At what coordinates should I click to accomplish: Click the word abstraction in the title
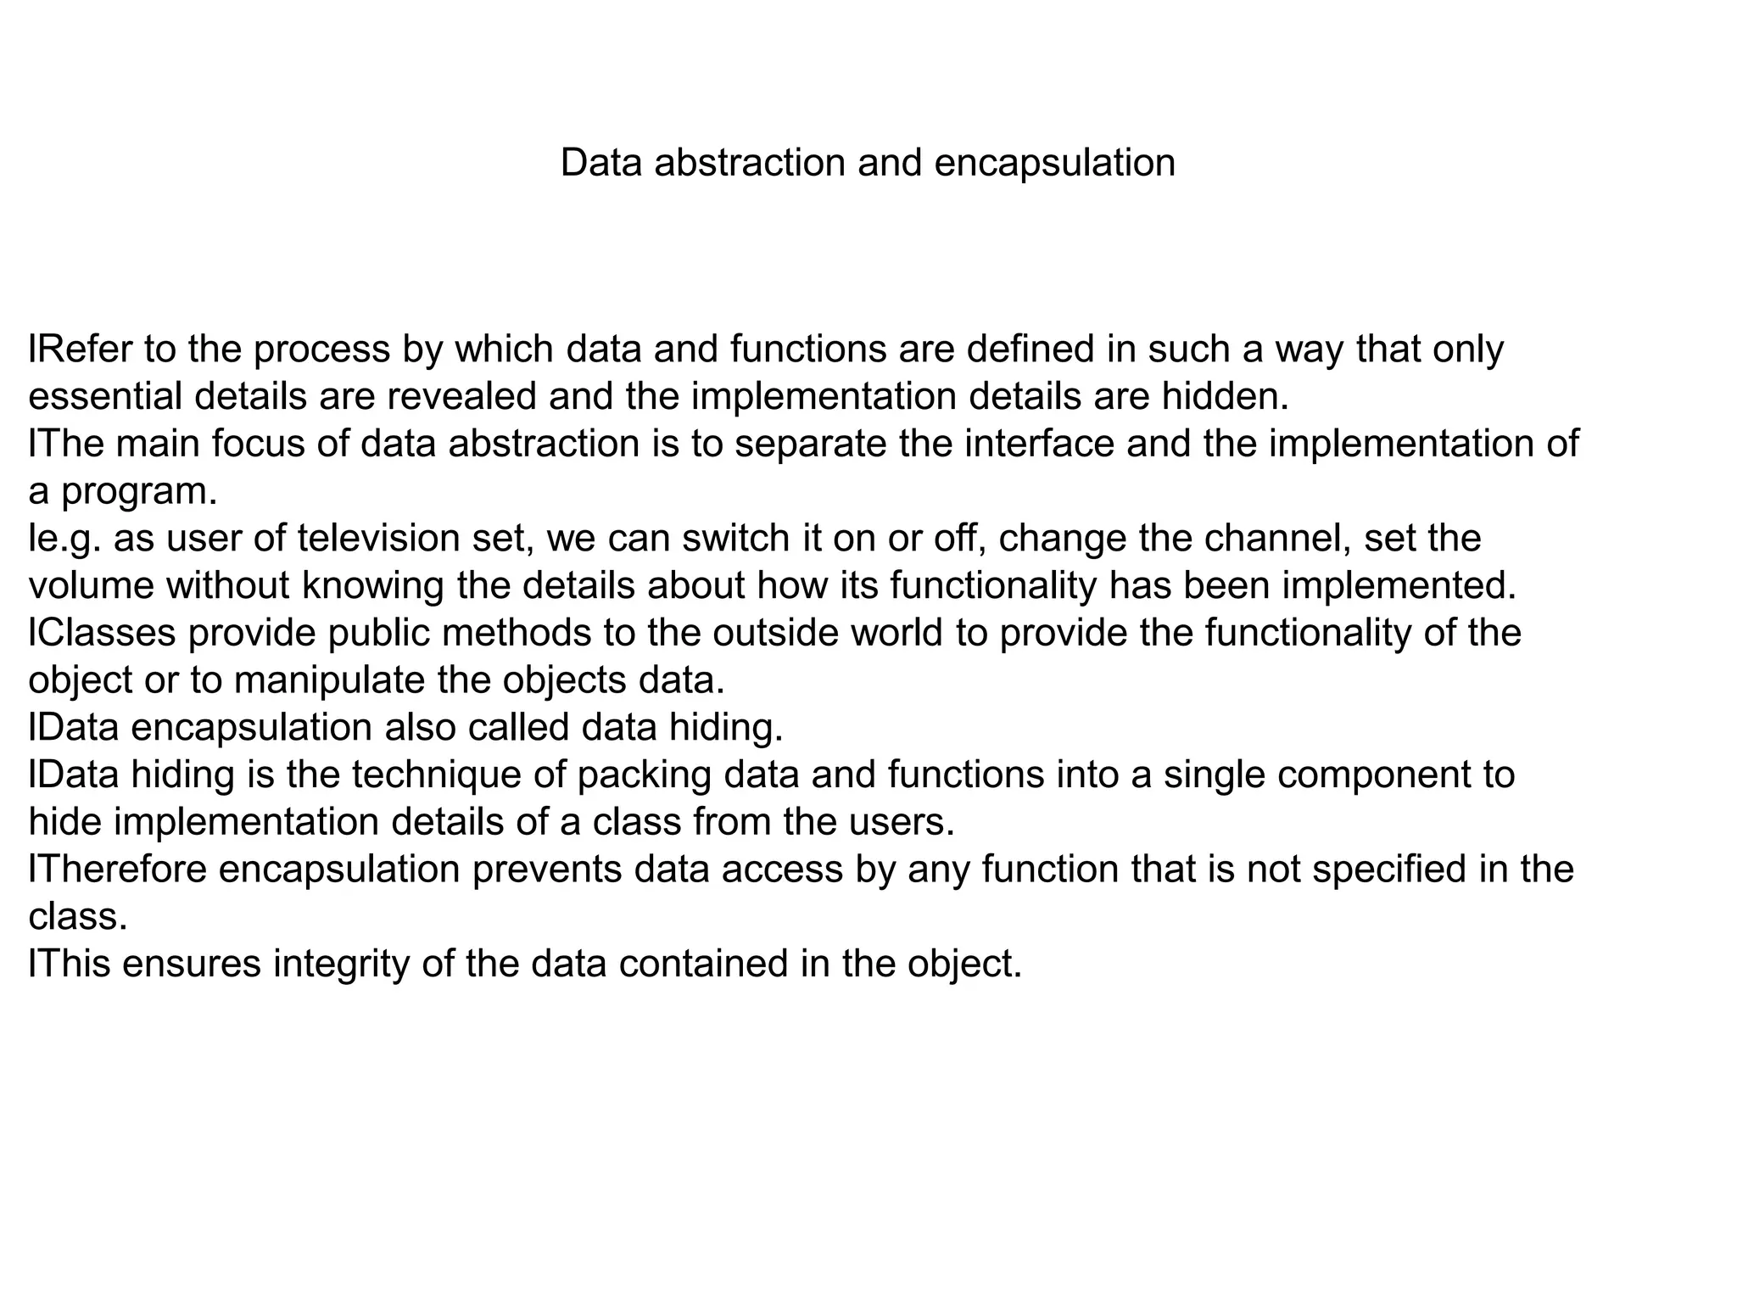[x=749, y=162]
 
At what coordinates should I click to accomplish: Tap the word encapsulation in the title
[x=1054, y=164]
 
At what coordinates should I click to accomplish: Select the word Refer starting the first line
[x=81, y=349]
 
